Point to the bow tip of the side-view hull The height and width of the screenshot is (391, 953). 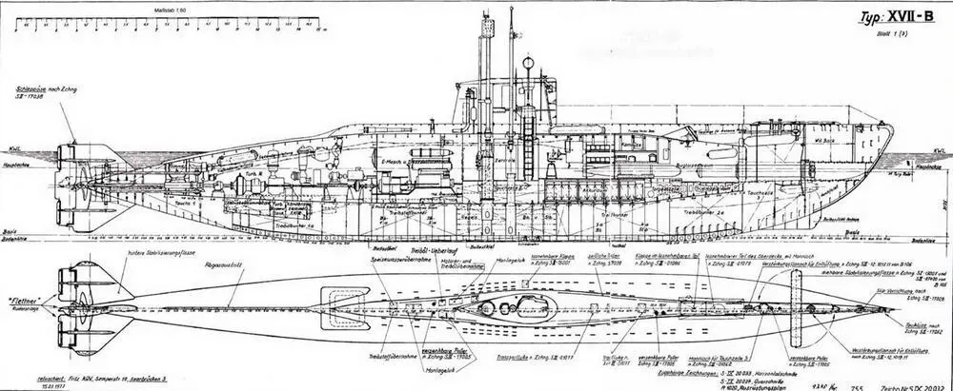coord(894,148)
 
